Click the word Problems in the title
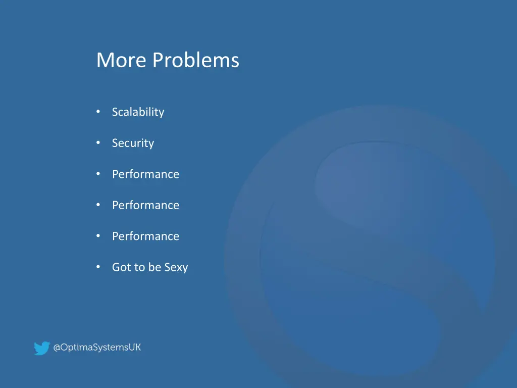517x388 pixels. [x=196, y=61]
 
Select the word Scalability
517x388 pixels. [x=138, y=112]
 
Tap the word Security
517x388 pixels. [x=133, y=143]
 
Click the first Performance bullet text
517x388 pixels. [x=145, y=174]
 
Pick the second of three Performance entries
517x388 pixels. [x=145, y=205]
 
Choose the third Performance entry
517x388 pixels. [x=145, y=236]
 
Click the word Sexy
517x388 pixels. [x=176, y=268]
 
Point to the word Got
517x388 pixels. [x=121, y=267]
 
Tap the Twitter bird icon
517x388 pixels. [x=42, y=348]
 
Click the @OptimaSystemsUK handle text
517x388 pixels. [x=97, y=348]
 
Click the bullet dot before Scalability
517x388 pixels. [x=98, y=112]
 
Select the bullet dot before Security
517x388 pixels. [x=98, y=143]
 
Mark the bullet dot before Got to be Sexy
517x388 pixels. [x=98, y=267]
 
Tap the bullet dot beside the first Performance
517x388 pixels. [x=98, y=174]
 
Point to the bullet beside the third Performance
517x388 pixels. [x=98, y=236]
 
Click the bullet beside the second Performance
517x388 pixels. [x=98, y=205]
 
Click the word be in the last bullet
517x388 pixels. [x=154, y=267]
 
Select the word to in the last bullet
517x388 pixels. [x=139, y=267]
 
